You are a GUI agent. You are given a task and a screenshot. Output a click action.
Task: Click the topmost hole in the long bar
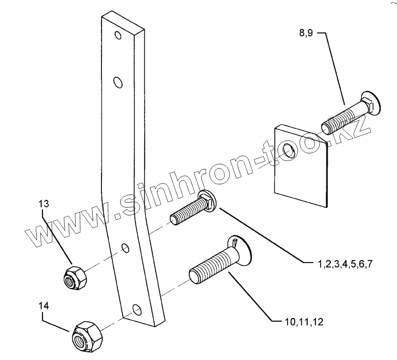coord(117,35)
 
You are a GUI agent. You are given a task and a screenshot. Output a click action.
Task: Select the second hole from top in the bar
coord(118,82)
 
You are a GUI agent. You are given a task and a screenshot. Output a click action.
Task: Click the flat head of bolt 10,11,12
coord(241,248)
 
